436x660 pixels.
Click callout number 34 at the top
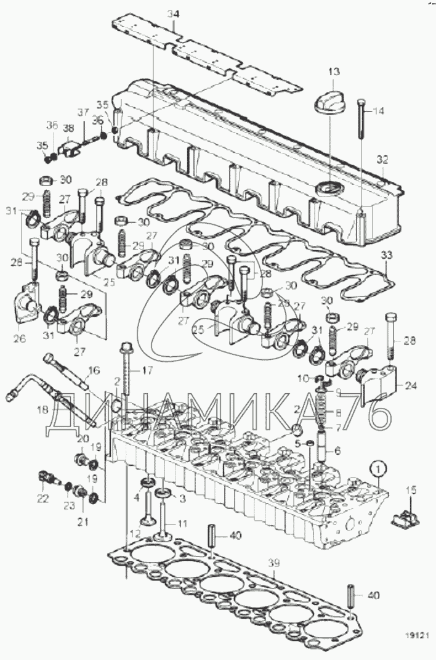click(x=174, y=13)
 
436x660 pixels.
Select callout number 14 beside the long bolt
click(x=378, y=111)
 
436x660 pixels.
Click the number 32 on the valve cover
click(x=382, y=159)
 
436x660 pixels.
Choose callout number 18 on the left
click(x=42, y=409)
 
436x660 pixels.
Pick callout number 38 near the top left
click(x=68, y=129)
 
